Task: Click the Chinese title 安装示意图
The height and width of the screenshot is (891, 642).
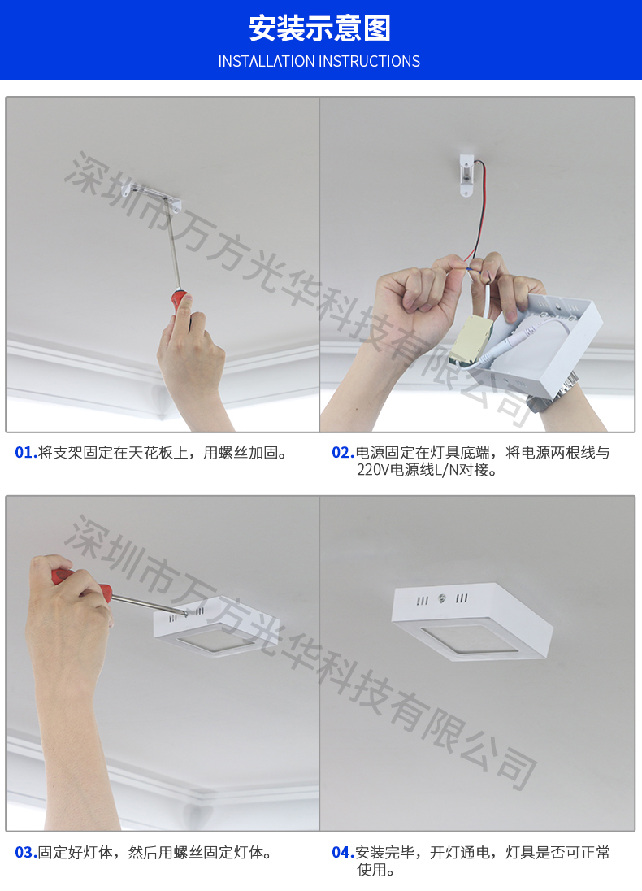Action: pos(320,28)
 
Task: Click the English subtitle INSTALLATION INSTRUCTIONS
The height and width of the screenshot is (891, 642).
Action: pos(319,61)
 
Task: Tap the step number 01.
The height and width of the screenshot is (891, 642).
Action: pos(25,453)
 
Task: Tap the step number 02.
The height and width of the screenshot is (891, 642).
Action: pos(343,453)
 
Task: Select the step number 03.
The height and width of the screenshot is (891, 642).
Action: pos(25,852)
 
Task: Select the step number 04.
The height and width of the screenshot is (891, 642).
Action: pos(343,852)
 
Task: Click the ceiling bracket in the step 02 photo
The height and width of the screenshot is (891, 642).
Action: pos(466,174)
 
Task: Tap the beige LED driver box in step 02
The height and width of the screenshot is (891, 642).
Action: pos(471,341)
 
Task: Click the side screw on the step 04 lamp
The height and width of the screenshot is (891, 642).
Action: pos(442,598)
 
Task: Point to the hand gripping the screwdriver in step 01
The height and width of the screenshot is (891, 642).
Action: pos(190,352)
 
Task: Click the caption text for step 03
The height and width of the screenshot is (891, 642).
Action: pos(154,852)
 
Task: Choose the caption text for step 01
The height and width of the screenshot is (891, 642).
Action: pos(163,453)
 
